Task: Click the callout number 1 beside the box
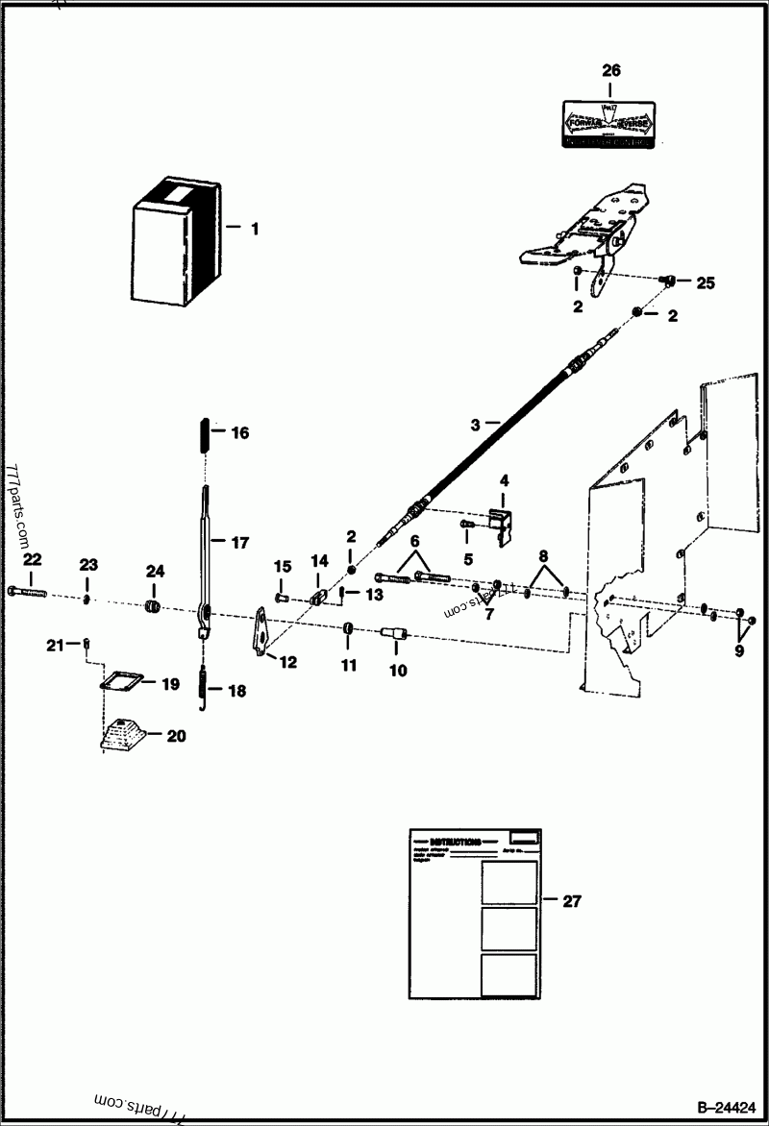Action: click(255, 230)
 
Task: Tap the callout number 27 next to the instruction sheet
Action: click(572, 901)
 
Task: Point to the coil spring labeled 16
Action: click(204, 434)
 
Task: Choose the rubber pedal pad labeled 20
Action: click(122, 734)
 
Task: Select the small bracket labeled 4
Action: click(502, 523)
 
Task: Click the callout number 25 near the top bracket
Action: click(706, 283)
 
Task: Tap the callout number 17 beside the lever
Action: click(239, 542)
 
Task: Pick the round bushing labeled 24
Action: click(151, 606)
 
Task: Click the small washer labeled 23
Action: click(87, 600)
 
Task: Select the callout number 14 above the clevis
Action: click(319, 561)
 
